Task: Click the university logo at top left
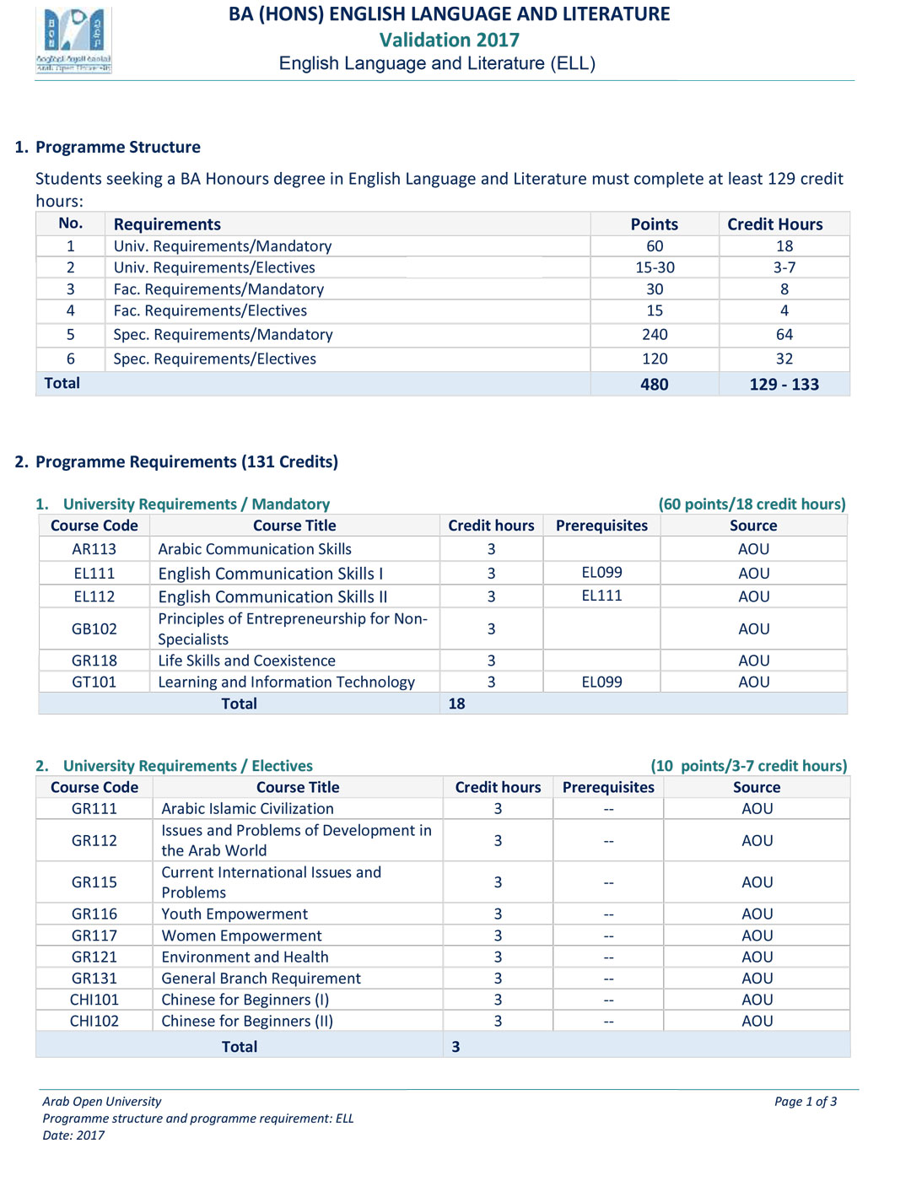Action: tap(73, 40)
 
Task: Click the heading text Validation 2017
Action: tap(449, 40)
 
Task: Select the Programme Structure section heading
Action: tap(117, 147)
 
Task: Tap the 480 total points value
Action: tap(654, 385)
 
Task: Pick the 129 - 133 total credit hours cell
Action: tap(784, 385)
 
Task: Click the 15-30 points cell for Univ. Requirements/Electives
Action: tap(655, 267)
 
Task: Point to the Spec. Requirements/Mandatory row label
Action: tap(223, 335)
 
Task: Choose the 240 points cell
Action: tap(655, 335)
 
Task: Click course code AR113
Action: tap(94, 549)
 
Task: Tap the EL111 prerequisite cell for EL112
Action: tap(601, 596)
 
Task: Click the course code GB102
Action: tap(94, 629)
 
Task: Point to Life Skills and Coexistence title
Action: tap(246, 661)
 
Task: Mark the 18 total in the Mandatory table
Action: tap(456, 704)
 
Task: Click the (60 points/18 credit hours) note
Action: tap(752, 504)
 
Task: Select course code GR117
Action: tap(94, 936)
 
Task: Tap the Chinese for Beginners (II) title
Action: tap(247, 1021)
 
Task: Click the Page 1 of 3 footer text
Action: tap(805, 1102)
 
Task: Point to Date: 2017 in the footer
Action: tap(73, 1135)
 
